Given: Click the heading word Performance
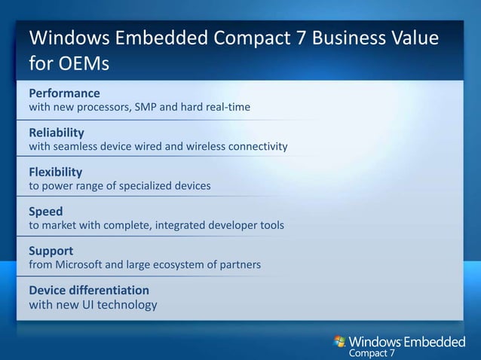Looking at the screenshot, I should click(64, 93).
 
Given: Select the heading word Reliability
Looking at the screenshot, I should click(57, 133).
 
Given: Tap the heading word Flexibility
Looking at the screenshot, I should click(55, 172).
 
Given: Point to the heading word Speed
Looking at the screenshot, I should click(45, 212).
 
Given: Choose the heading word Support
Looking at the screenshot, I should click(51, 250).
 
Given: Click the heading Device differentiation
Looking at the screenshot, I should click(89, 290).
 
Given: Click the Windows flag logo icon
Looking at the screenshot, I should click(341, 343).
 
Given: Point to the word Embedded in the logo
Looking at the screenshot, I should click(434, 343).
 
